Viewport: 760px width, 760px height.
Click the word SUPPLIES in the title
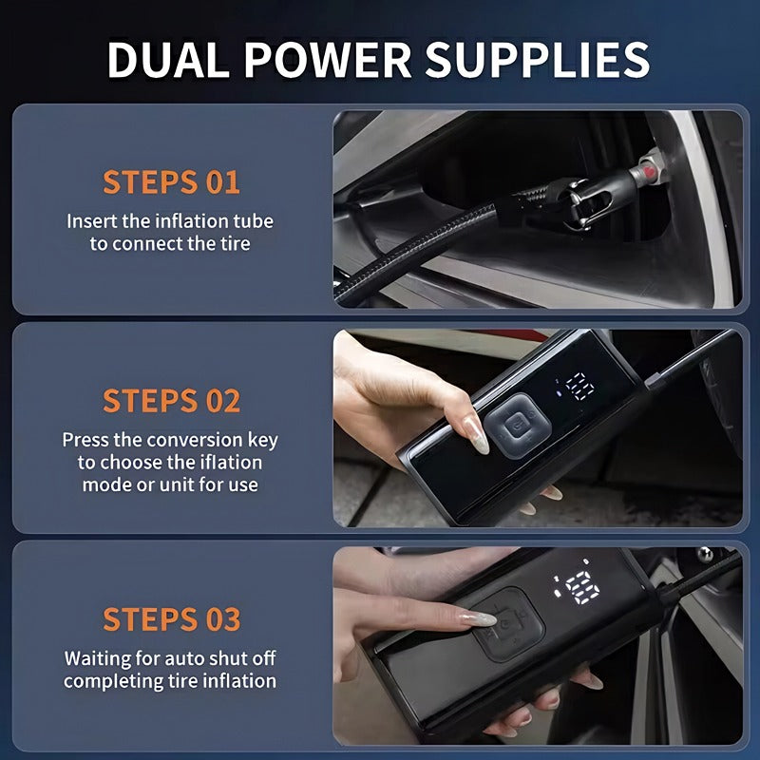[539, 59]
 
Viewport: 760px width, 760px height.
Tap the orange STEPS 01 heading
[171, 181]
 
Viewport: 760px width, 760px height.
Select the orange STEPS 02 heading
[171, 400]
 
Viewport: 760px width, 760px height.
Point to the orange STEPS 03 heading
[171, 618]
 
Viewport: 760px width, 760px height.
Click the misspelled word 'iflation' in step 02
[231, 463]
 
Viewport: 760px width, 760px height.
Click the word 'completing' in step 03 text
[106, 680]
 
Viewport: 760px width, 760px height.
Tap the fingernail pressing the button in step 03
[481, 618]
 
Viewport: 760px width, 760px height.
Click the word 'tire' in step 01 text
[232, 243]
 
